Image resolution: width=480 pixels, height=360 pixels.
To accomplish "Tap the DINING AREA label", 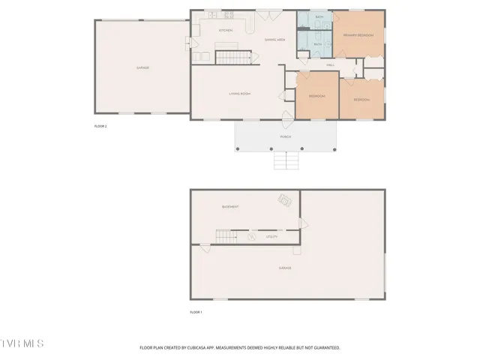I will click(x=274, y=39).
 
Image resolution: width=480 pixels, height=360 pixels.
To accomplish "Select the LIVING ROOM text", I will click(x=239, y=94).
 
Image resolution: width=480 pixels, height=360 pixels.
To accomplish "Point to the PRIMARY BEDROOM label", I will click(x=358, y=35).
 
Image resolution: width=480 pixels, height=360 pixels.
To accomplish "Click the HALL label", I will click(x=330, y=65).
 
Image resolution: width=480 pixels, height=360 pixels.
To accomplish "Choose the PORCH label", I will click(x=285, y=137).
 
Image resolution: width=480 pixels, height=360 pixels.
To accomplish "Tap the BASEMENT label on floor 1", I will click(x=230, y=207).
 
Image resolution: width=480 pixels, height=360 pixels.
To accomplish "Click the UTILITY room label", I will click(x=271, y=237).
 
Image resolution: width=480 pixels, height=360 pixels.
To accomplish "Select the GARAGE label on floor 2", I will click(x=142, y=67).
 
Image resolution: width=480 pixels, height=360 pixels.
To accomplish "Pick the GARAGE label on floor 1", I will click(x=285, y=268).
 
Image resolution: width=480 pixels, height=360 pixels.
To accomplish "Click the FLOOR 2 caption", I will click(x=100, y=126).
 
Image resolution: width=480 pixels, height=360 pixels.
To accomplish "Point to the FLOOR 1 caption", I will click(x=196, y=311).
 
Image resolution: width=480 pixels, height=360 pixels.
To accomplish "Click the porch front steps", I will click(x=284, y=160).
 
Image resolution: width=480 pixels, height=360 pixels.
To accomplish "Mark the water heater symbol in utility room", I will click(x=252, y=238).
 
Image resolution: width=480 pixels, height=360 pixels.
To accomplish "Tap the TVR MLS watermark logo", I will click(x=22, y=343).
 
